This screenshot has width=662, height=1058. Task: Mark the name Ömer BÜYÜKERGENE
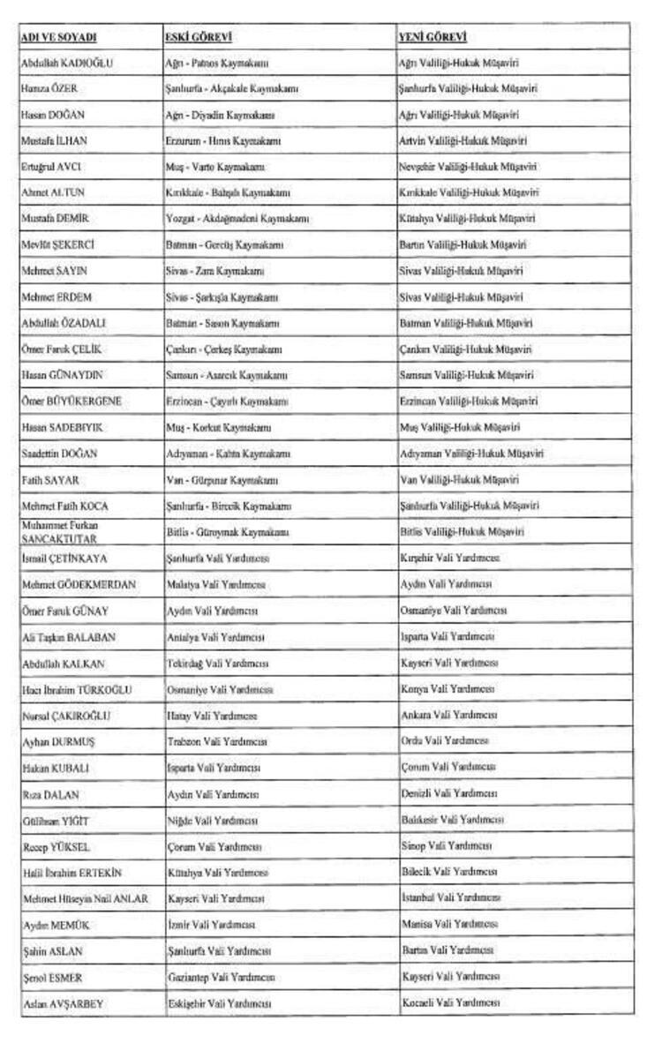(71, 401)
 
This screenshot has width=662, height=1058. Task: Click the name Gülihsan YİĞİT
(56, 821)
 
